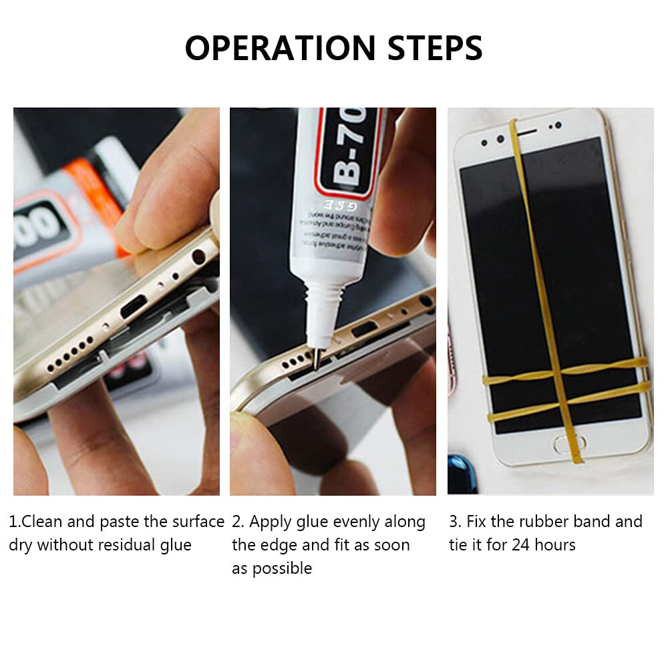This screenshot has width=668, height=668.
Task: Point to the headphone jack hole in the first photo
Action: [x=198, y=256]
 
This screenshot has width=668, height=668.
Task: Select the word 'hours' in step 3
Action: [x=555, y=545]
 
